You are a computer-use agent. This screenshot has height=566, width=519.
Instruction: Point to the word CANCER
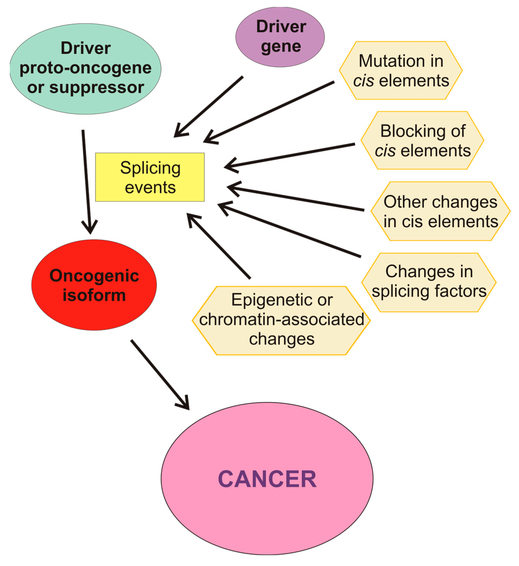(267, 479)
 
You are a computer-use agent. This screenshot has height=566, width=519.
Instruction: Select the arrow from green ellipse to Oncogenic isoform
(87, 180)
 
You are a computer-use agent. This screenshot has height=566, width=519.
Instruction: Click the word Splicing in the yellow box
(150, 168)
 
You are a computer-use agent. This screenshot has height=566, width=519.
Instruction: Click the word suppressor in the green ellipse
(97, 88)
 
